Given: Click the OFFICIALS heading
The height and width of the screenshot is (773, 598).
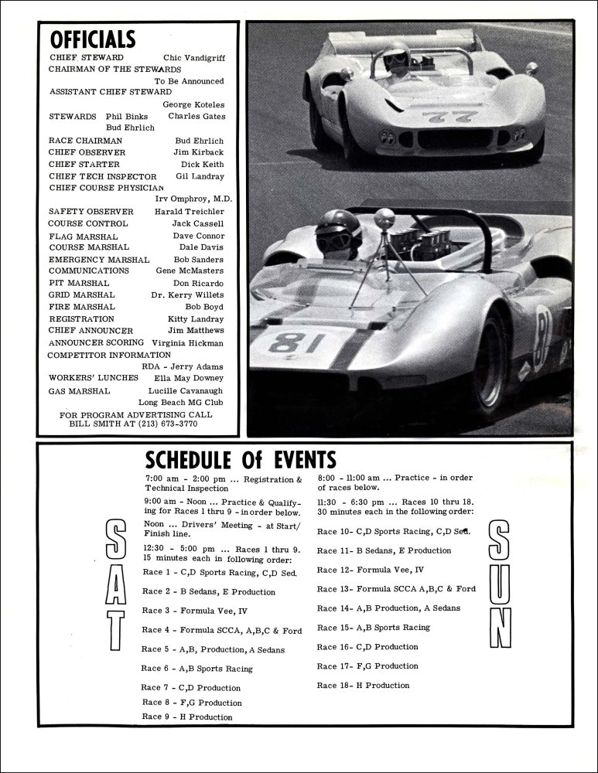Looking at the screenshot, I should (92, 39).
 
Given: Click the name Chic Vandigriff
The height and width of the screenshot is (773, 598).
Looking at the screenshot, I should (193, 58).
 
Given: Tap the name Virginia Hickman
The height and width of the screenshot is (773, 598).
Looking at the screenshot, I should (188, 342).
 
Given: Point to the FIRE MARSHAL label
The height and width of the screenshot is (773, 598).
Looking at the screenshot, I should (82, 307).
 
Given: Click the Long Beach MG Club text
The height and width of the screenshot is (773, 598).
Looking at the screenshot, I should (181, 403).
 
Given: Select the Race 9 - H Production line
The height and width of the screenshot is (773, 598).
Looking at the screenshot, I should (187, 717).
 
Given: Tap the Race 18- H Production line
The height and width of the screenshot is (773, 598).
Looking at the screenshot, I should (363, 686).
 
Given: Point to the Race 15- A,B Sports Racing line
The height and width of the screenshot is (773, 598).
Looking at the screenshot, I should (373, 628).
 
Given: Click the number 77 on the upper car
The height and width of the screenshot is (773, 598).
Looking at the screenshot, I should (436, 118).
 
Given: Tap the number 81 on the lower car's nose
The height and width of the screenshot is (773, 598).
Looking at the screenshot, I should (295, 342).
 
